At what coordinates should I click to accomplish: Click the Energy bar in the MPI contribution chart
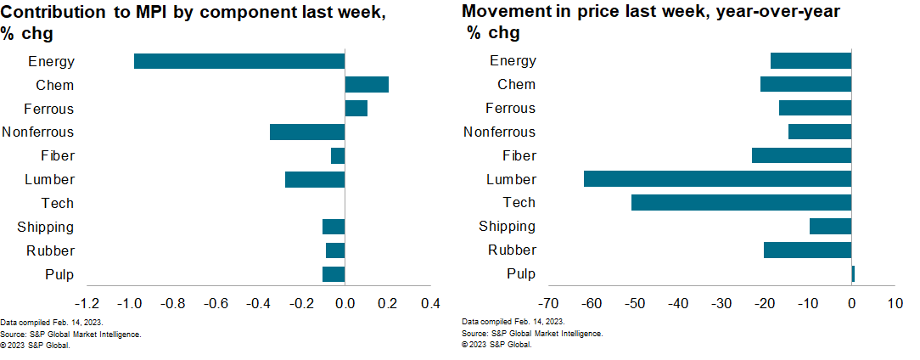[x=239, y=61]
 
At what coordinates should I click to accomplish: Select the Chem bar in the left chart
[x=367, y=85]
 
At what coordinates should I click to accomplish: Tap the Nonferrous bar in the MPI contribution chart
[x=307, y=132]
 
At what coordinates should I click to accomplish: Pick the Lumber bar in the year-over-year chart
[x=717, y=179]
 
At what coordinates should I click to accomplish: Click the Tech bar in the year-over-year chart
[x=741, y=202]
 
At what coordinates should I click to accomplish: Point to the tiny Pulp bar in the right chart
[x=853, y=273]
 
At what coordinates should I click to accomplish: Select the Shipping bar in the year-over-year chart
[x=830, y=226]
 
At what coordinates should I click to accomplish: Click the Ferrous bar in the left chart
[x=356, y=109]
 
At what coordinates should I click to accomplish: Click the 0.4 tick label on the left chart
[x=430, y=303]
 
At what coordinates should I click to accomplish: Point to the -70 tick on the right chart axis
[x=548, y=303]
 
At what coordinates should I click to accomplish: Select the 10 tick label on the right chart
[x=894, y=303]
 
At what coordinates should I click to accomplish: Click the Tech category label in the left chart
[x=58, y=203]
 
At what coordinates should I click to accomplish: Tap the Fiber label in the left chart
[x=58, y=156]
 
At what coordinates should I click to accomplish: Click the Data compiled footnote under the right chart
[x=513, y=323]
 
